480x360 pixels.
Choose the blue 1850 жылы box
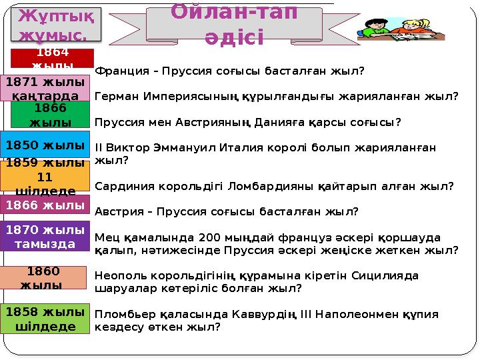45,145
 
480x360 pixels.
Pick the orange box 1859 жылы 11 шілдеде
45,176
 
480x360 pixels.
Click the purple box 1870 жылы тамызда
45,237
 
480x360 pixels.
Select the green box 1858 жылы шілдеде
45,319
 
